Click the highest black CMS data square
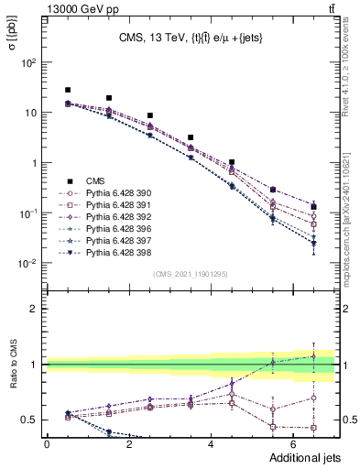[x=68, y=90]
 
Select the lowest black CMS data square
[x=314, y=207]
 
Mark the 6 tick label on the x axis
[x=295, y=443]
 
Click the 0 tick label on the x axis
[x=47, y=443]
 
